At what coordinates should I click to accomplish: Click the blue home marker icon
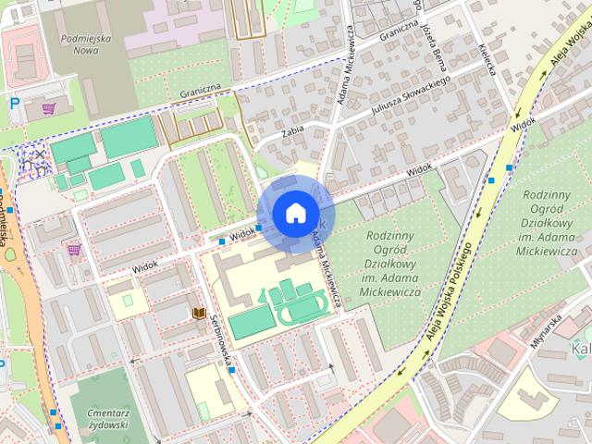pyautogui.click(x=293, y=214)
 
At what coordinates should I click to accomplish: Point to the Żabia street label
pyautogui.click(x=266, y=132)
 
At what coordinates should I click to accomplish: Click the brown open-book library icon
pyautogui.click(x=200, y=314)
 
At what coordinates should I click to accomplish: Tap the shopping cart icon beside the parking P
pyautogui.click(x=47, y=108)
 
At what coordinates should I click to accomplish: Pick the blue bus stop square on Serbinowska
pyautogui.click(x=232, y=370)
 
